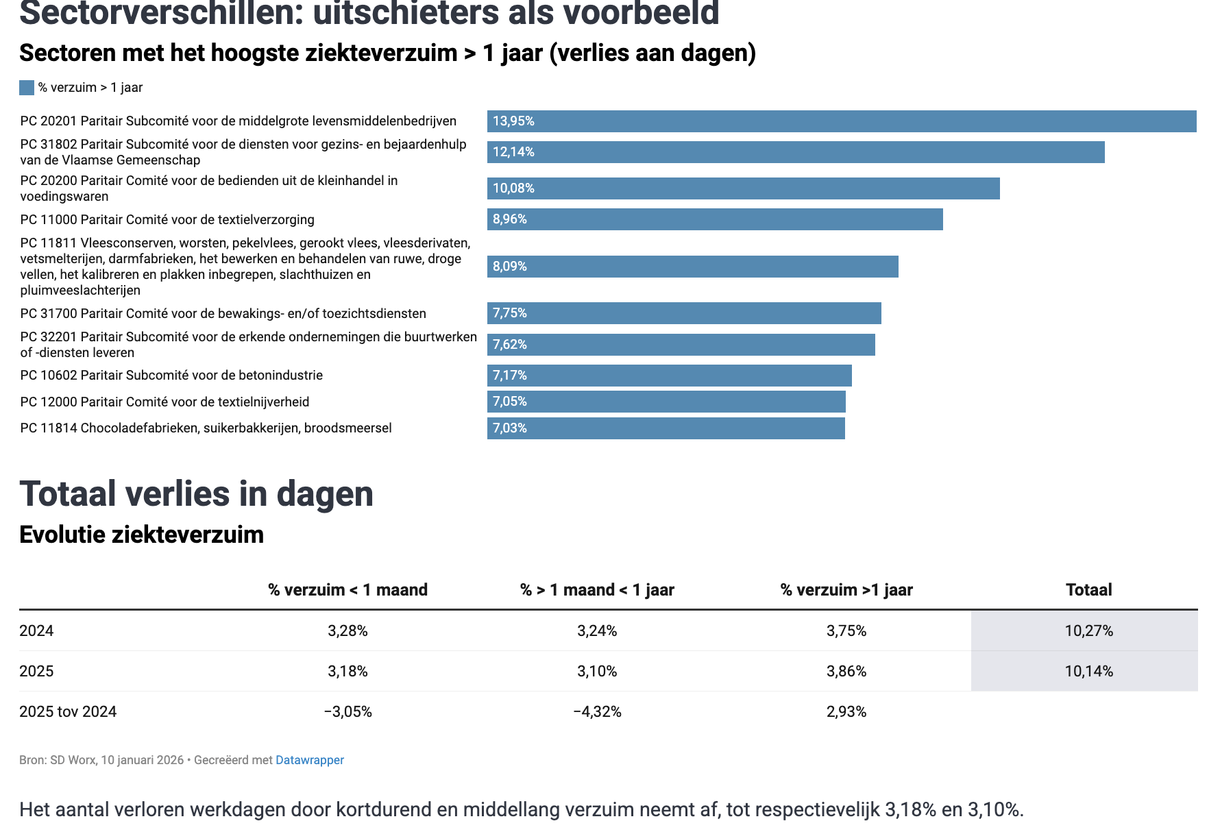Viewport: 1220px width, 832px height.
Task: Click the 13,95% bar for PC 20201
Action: point(842,121)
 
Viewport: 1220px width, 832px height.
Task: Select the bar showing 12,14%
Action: point(796,152)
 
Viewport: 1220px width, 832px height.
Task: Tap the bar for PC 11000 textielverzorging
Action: point(715,219)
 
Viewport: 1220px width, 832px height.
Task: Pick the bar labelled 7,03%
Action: point(666,428)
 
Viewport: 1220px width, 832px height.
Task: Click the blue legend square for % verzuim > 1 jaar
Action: point(27,88)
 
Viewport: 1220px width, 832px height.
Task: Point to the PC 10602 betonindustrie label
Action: point(171,376)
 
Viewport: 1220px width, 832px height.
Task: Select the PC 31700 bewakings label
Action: point(223,314)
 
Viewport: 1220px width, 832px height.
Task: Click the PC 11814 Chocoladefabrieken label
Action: point(206,428)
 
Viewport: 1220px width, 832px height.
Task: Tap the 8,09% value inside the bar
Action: point(510,267)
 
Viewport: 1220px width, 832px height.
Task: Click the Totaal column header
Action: point(1088,590)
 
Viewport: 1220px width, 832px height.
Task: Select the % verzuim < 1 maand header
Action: point(347,590)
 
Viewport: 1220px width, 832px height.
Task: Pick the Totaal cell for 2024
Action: point(1088,631)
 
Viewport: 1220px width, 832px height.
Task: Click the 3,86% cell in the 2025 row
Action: point(846,672)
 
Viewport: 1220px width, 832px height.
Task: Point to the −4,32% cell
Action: point(597,712)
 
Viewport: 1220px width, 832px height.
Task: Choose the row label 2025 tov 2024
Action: point(68,712)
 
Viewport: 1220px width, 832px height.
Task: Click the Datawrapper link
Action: point(310,760)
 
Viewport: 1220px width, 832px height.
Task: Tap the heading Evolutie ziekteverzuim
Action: point(141,535)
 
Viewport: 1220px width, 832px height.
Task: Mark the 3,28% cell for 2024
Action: point(347,631)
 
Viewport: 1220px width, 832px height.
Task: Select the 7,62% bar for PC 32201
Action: point(681,345)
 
